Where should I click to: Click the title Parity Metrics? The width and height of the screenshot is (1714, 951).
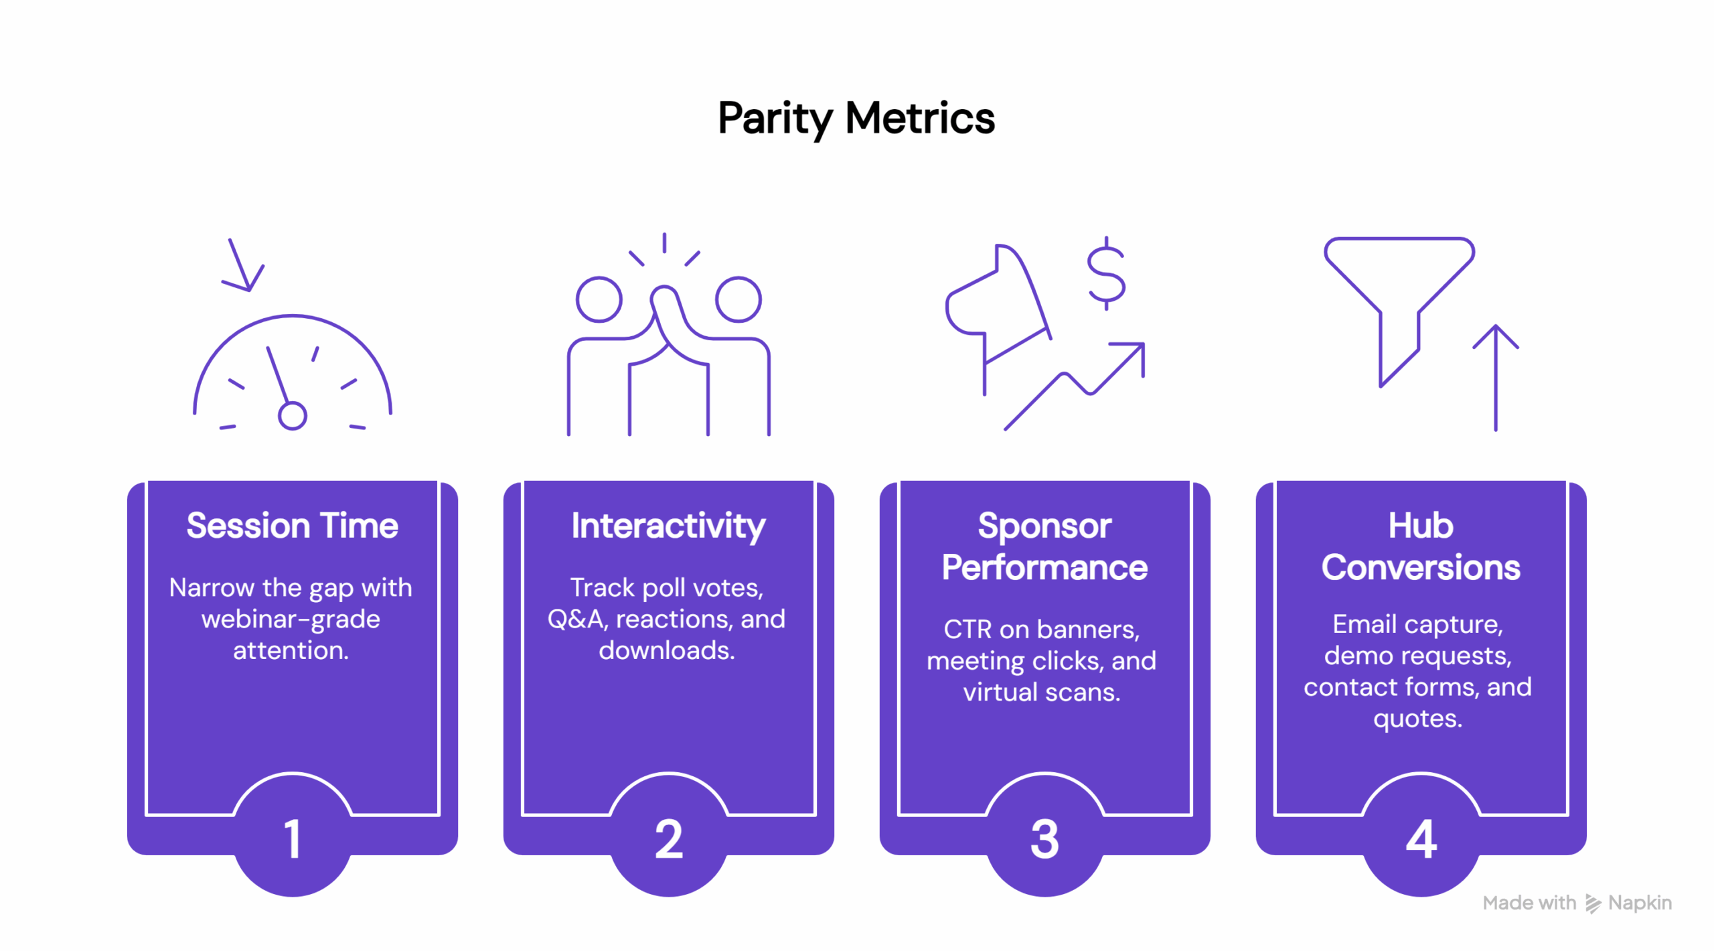point(856,119)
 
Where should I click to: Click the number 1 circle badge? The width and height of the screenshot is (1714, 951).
point(292,838)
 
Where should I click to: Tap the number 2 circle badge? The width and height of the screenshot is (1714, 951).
point(668,838)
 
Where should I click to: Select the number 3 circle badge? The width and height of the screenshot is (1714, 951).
point(1044,838)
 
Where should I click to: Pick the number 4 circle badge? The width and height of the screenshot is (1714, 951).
point(1421,838)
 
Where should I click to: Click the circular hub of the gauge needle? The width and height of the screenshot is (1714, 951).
point(292,415)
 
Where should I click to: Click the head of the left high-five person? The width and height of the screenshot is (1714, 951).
point(599,299)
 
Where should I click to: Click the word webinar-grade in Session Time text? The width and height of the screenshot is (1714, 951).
point(291,619)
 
